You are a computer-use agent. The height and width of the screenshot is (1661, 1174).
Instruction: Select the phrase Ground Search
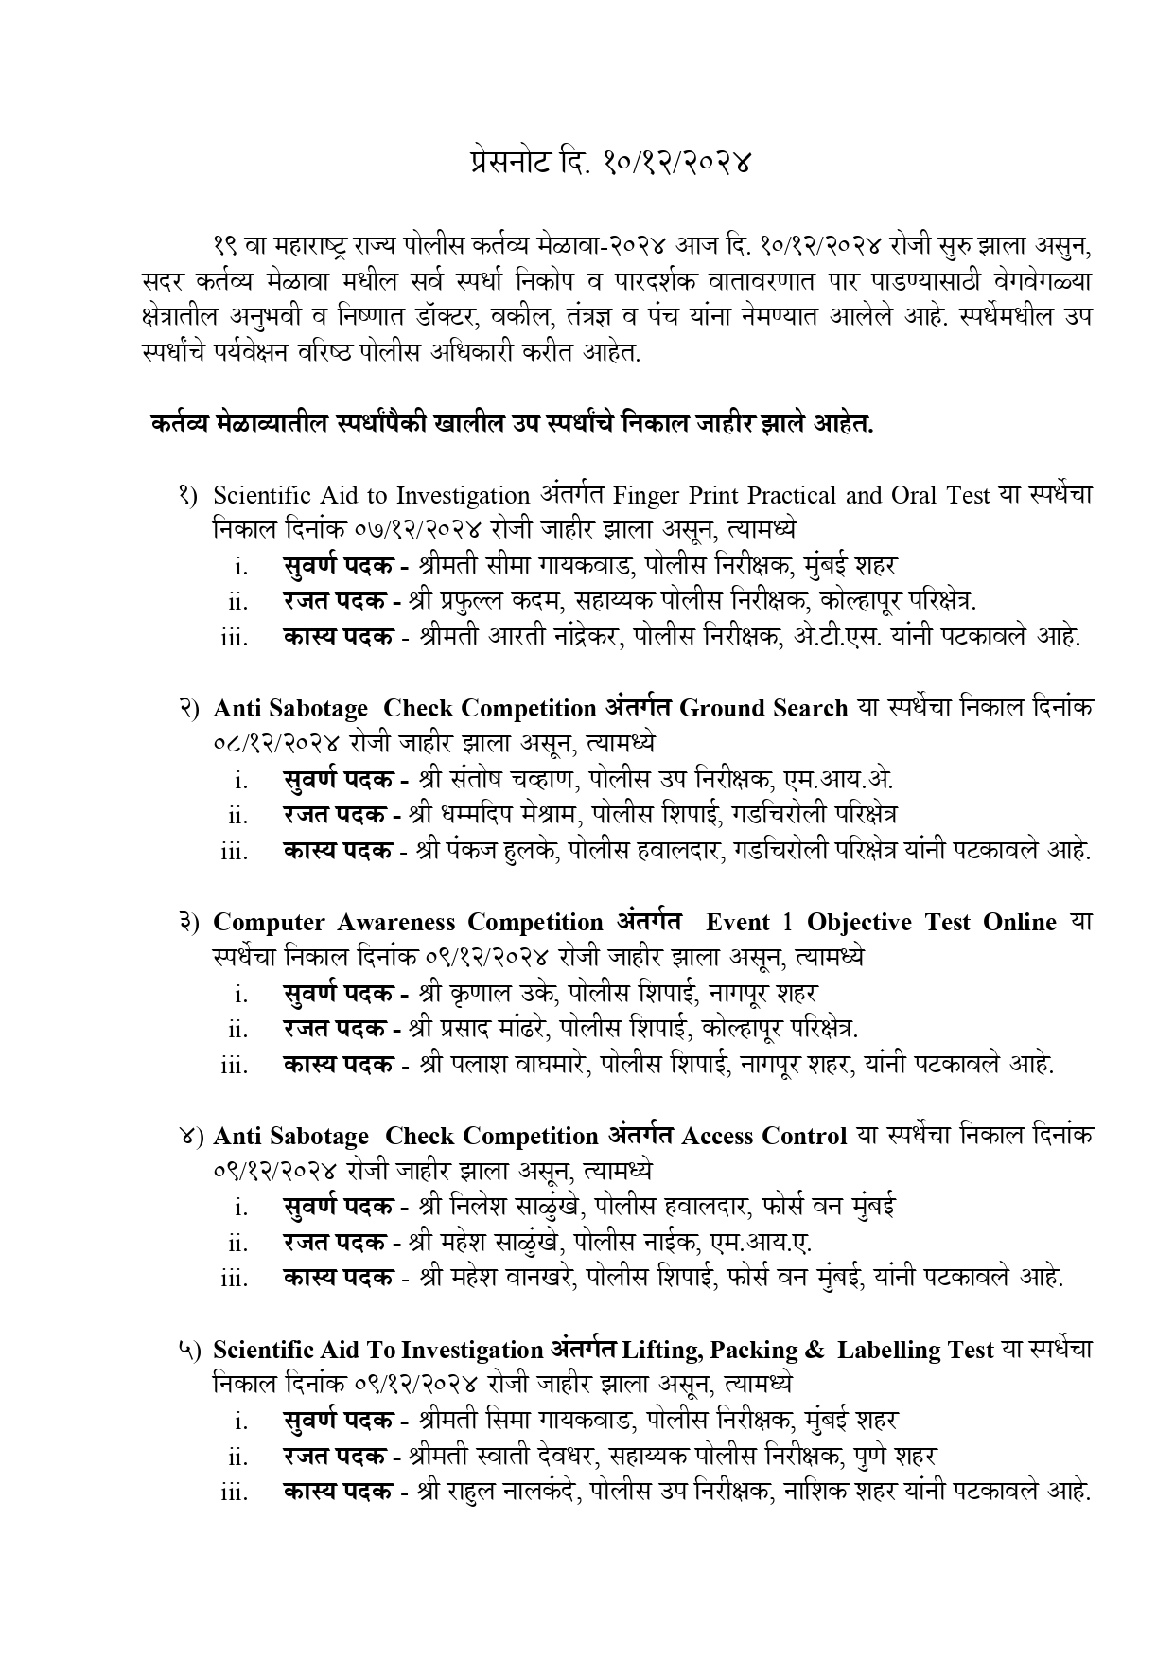click(763, 709)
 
